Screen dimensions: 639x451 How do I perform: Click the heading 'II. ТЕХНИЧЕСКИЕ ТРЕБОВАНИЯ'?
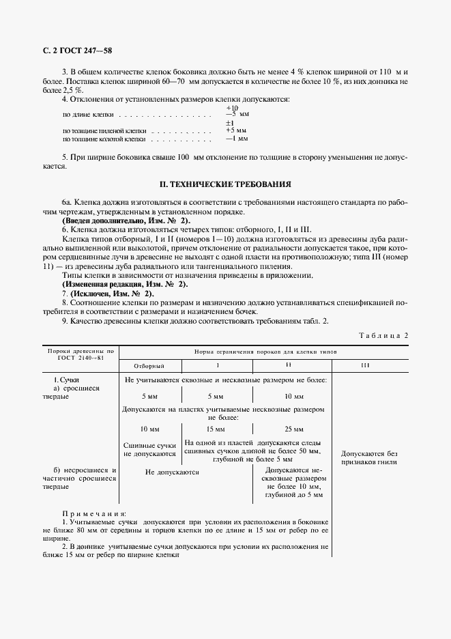[x=225, y=184]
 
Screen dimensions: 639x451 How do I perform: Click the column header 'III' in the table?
[x=365, y=366]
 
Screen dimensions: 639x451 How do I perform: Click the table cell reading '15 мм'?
[x=214, y=429]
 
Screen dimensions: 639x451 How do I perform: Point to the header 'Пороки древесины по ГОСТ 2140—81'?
[x=80, y=354]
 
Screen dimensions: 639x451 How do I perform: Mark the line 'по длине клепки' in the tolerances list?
[x=89, y=115]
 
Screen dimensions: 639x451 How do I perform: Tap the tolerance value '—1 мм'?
[x=236, y=139]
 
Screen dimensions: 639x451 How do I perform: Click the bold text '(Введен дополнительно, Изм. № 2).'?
[x=126, y=221]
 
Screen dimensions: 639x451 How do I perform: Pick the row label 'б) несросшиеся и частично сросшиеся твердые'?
[x=80, y=479]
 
